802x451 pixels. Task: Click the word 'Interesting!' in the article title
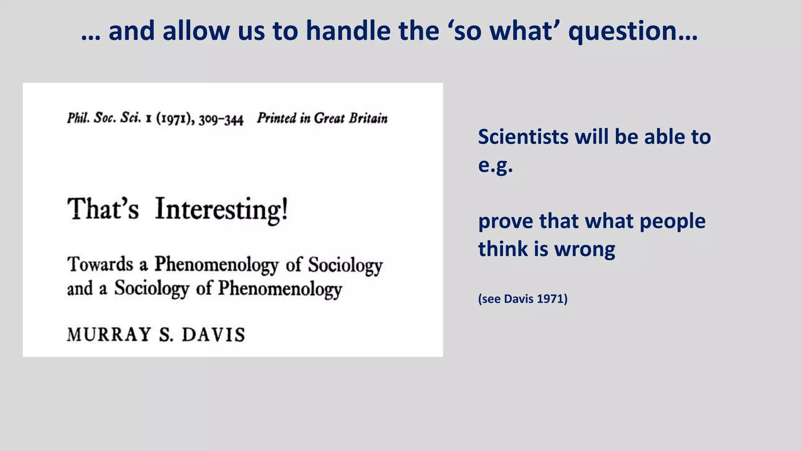click(x=222, y=209)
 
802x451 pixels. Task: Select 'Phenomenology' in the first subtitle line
click(x=216, y=265)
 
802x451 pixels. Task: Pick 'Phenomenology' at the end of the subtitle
click(x=280, y=289)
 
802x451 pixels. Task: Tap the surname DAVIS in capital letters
click(x=213, y=335)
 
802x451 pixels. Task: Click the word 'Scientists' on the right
click(x=523, y=137)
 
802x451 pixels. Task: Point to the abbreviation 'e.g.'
click(x=495, y=165)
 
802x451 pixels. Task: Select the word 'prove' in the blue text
click(x=506, y=222)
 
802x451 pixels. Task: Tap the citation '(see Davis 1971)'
click(x=522, y=299)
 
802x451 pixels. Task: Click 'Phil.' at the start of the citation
click(x=78, y=118)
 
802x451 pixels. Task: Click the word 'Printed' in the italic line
click(x=276, y=118)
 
